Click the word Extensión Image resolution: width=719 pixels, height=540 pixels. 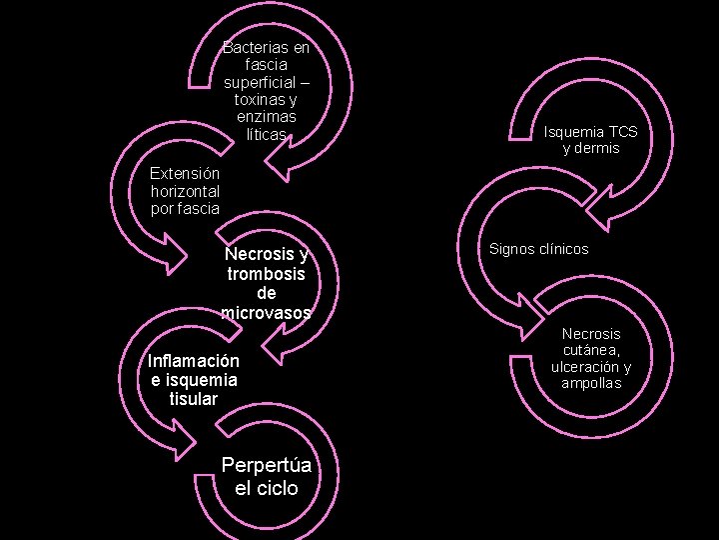click(x=185, y=172)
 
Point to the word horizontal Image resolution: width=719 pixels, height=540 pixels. click(x=185, y=190)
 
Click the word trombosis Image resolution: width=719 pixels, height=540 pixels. click(x=266, y=273)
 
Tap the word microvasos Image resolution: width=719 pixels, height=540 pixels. click(x=266, y=313)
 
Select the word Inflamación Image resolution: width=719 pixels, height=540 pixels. click(x=194, y=361)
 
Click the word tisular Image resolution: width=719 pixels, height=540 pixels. click(x=194, y=399)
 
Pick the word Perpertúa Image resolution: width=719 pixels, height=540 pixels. click(x=266, y=465)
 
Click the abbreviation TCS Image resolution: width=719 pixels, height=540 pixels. click(x=623, y=131)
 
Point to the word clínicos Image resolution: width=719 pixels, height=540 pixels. click(x=564, y=248)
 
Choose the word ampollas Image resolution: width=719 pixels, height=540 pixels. click(x=590, y=383)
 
